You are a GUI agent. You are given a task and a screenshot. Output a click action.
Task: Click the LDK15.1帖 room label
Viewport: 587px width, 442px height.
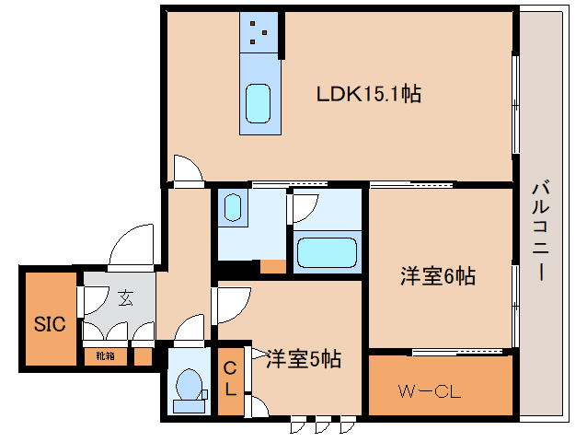[368, 94]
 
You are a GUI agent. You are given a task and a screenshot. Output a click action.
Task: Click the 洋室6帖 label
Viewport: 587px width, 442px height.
[437, 276]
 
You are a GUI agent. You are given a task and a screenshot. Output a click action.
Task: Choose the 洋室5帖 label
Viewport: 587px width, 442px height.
[304, 359]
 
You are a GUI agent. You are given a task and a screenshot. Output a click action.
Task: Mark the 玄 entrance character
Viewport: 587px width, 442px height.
[124, 298]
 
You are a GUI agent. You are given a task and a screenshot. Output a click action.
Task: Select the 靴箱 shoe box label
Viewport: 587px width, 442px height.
[104, 355]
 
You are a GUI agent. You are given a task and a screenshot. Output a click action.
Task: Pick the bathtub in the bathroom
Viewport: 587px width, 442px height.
[326, 251]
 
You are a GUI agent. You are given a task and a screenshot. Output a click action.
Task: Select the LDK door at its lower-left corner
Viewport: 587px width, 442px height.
[186, 169]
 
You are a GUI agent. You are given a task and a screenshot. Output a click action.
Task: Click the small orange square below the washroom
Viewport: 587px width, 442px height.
[272, 267]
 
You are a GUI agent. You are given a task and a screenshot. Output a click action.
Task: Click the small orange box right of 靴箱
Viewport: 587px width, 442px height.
[143, 355]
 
